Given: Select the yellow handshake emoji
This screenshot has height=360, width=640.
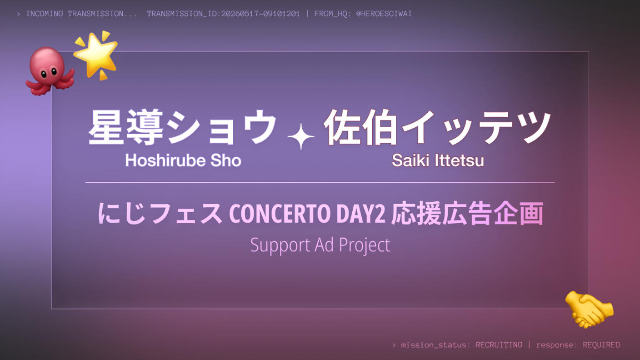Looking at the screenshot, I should [589, 309].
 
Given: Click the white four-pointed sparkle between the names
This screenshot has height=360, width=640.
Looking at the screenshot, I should [301, 137].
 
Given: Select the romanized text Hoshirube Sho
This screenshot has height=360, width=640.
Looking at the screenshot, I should [183, 160].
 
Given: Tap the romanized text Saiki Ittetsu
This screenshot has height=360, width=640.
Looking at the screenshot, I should [438, 160].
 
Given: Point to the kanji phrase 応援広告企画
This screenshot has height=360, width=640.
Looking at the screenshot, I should [467, 213].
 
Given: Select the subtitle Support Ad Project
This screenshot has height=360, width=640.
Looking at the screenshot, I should [320, 245].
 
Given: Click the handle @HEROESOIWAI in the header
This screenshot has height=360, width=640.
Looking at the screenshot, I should [384, 14].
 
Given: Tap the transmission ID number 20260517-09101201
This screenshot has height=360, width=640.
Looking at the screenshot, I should [260, 14].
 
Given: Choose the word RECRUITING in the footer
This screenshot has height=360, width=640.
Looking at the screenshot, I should [499, 345].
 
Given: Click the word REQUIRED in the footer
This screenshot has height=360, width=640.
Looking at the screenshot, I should [601, 345].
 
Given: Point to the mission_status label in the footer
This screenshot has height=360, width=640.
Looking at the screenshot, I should [434, 345].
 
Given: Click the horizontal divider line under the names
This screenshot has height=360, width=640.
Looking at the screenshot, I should [320, 182].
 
